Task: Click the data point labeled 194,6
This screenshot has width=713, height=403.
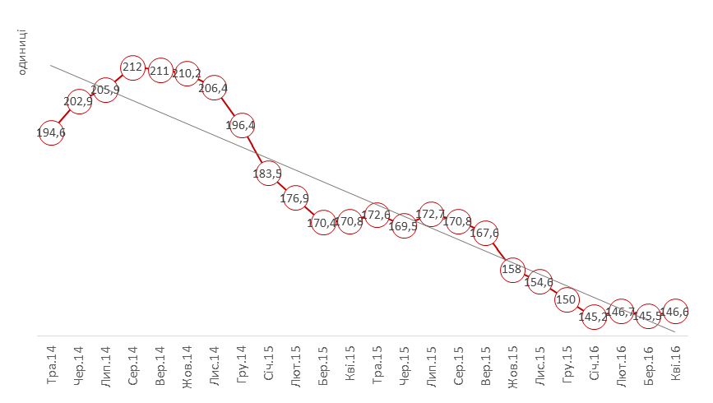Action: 51,132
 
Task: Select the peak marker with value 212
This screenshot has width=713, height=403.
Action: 132,67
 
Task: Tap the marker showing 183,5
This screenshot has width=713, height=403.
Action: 268,174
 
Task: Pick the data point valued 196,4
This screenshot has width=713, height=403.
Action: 241,126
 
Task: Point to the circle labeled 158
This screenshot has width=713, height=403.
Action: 512,269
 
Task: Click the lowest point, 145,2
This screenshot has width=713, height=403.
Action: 593,316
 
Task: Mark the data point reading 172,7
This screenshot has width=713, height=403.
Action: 431,215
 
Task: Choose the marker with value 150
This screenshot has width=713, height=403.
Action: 567,299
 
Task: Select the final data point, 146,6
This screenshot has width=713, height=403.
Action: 675,312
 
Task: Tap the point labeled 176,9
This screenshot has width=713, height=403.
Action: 295,197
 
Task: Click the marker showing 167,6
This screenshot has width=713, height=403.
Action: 485,233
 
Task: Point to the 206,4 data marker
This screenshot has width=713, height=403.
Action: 214,87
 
